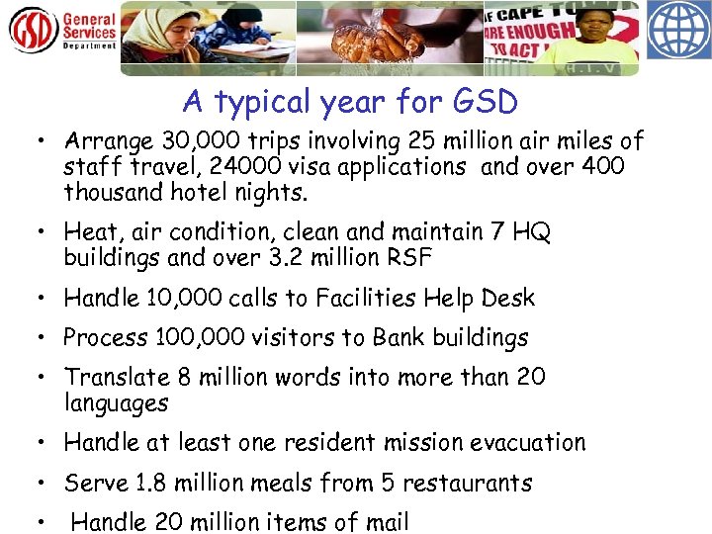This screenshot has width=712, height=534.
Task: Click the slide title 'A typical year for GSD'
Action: coord(351,102)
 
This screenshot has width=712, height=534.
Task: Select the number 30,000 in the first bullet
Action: coord(191,142)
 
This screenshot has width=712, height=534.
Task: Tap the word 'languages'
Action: coord(116,403)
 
